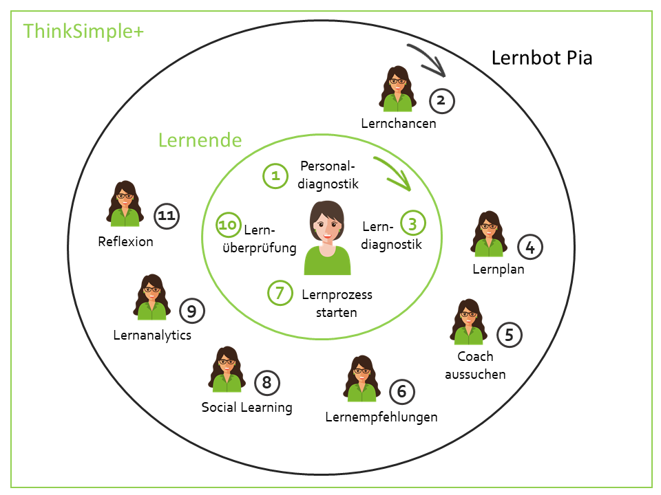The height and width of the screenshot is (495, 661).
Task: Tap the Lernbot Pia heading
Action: [x=542, y=57]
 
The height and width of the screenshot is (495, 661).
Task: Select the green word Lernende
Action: [x=200, y=140]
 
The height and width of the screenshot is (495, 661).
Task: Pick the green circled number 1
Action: [x=275, y=175]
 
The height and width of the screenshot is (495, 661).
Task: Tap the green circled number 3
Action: [x=413, y=223]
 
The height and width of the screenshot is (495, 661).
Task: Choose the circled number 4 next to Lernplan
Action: [x=529, y=247]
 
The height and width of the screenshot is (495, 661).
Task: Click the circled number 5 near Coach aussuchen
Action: [x=509, y=335]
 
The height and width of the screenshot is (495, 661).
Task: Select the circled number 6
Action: [x=402, y=392]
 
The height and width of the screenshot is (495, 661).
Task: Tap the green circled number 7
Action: [x=280, y=293]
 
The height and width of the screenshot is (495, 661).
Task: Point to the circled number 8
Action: [x=267, y=382]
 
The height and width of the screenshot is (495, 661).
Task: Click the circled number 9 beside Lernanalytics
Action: [x=191, y=311]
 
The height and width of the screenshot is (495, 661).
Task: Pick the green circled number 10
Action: [x=228, y=224]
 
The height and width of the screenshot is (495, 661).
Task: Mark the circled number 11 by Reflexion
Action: [x=165, y=216]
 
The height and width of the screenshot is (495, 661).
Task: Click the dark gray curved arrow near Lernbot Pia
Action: [x=427, y=59]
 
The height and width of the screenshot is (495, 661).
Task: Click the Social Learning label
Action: [x=246, y=407]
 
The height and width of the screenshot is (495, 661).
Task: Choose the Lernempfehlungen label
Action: [x=381, y=417]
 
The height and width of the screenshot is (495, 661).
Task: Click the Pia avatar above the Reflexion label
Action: [x=125, y=204]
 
